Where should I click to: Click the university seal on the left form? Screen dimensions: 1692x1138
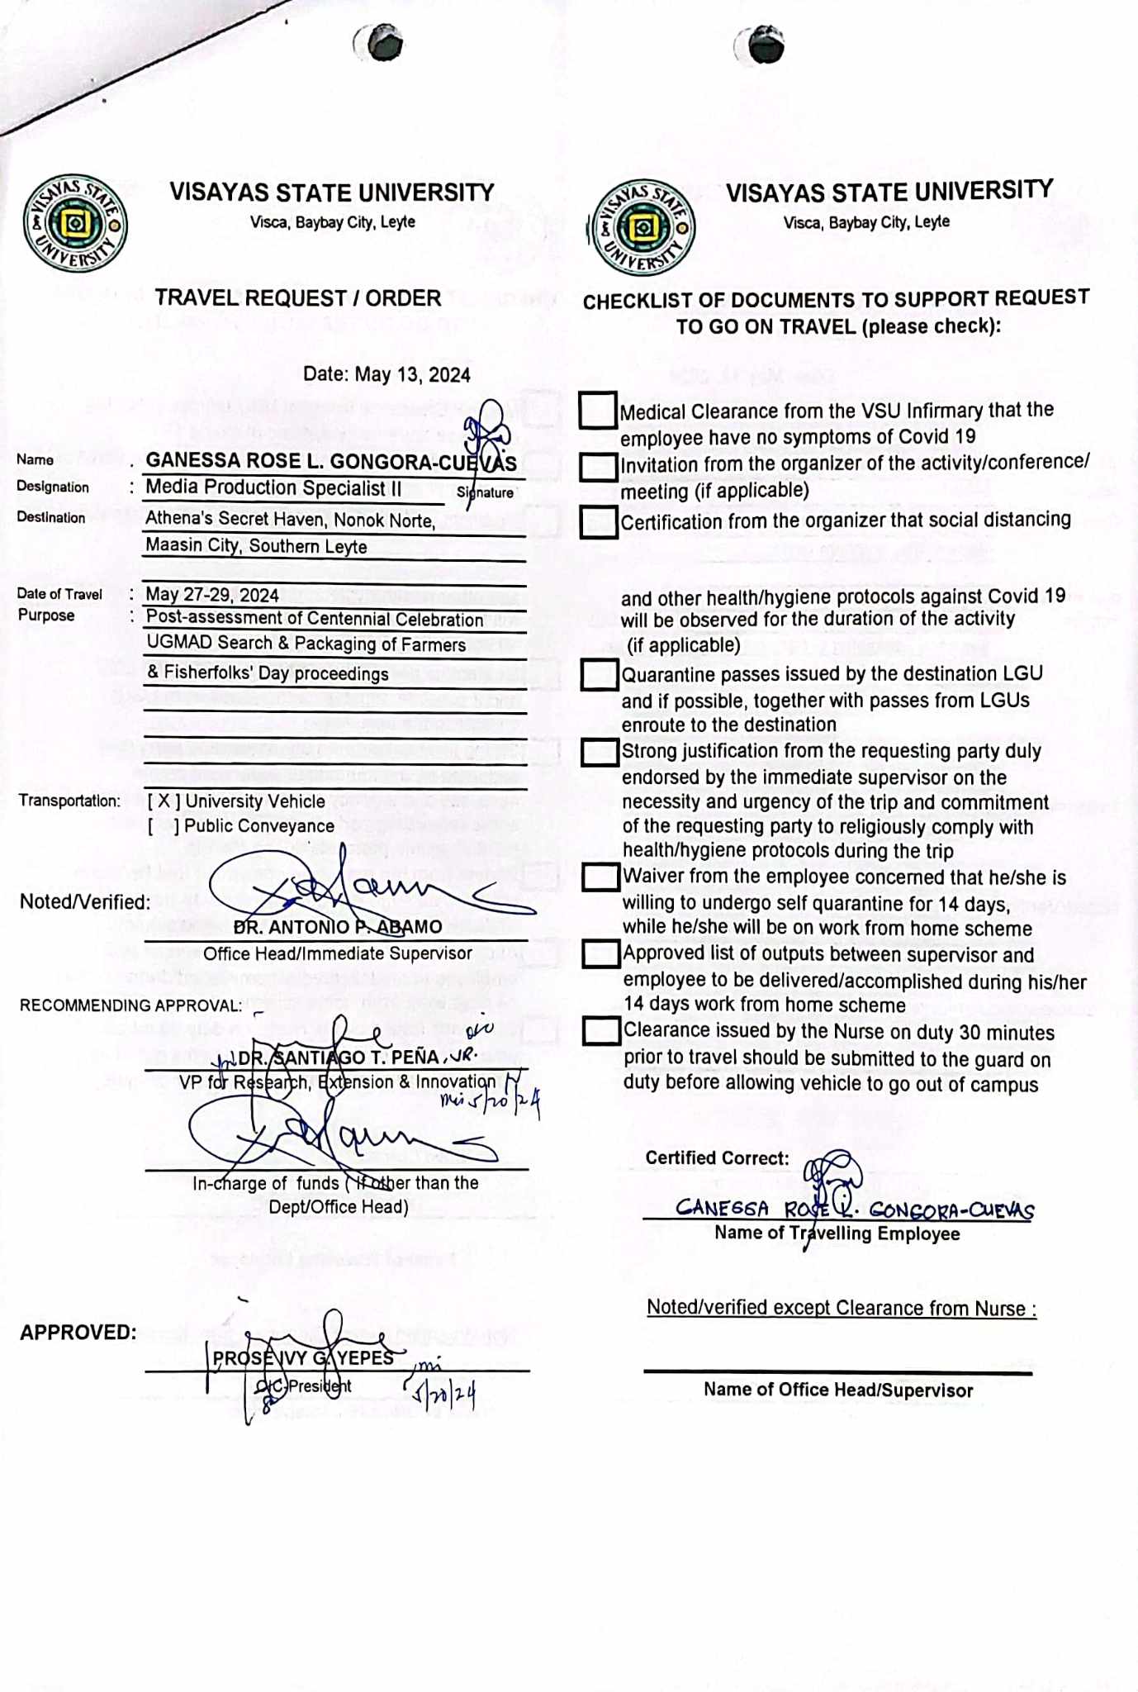click(75, 224)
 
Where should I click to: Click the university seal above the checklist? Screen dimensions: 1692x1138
click(642, 227)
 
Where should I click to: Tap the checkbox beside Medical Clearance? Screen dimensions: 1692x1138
click(598, 411)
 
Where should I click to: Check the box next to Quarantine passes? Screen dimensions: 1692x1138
click(600, 674)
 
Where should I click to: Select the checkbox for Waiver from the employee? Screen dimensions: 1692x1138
click(600, 877)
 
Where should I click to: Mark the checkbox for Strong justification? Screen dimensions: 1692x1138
click(600, 752)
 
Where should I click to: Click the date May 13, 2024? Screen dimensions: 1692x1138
click(386, 374)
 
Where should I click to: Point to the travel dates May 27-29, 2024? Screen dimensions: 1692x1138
click(212, 595)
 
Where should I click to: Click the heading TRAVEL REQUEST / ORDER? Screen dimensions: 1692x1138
click(297, 298)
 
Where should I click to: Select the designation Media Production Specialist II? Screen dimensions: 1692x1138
click(273, 488)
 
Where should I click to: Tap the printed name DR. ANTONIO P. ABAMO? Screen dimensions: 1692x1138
click(338, 927)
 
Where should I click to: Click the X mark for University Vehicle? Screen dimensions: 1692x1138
click(164, 801)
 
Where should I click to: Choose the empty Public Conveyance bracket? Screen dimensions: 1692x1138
click(164, 826)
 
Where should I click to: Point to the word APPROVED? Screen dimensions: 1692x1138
click(78, 1333)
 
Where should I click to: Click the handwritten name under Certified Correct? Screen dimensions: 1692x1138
click(854, 1210)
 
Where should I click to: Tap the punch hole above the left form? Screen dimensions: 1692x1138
click(382, 44)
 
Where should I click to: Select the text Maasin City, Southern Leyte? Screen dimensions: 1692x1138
click(256, 546)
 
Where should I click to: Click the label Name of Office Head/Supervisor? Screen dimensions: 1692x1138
click(837, 1390)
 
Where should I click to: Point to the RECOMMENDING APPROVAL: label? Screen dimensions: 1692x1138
click(130, 1005)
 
